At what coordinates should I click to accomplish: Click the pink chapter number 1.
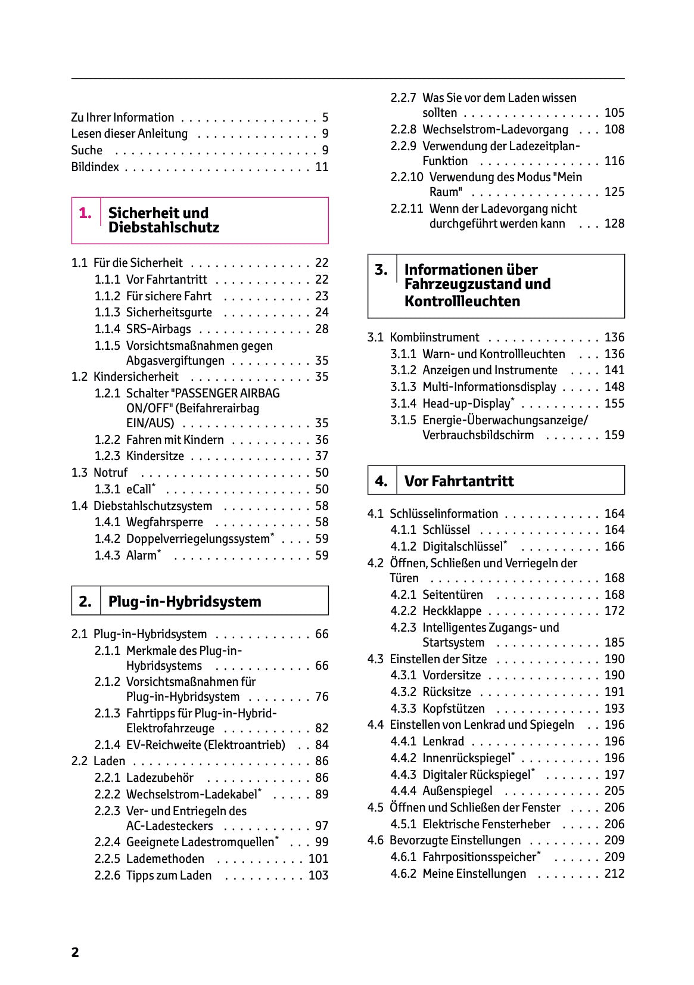tap(85, 213)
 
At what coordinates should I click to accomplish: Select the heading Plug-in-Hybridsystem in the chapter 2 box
tap(185, 601)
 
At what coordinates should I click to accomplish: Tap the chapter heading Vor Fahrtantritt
tap(459, 481)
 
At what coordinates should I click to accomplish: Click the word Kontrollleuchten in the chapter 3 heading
tap(462, 302)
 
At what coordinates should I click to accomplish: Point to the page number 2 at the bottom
tap(75, 952)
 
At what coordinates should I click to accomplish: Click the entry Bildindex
tap(95, 167)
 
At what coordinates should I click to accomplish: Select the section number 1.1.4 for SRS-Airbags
tap(107, 329)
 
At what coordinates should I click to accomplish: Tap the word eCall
tap(139, 489)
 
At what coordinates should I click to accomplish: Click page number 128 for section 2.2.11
tap(614, 223)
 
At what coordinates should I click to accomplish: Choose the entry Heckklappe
tap(452, 611)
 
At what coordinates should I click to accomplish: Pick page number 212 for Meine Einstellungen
tap(614, 874)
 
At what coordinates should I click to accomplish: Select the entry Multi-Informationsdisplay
tap(488, 387)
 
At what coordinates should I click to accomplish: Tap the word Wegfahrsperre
tap(164, 522)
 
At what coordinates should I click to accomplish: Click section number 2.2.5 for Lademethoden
tap(107, 859)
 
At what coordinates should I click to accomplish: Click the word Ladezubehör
tap(160, 778)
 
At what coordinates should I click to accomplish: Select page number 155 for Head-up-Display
tap(614, 403)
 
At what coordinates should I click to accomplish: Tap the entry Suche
tap(87, 150)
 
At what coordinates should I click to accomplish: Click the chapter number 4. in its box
tap(381, 481)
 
